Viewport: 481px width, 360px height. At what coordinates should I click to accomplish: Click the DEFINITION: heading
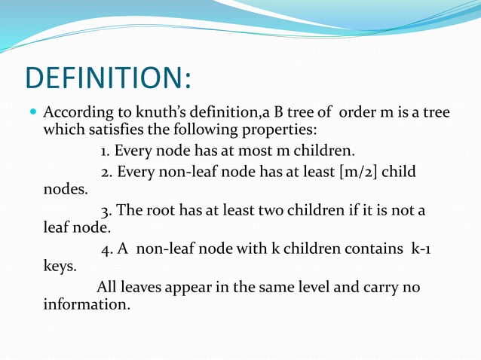pos(109,78)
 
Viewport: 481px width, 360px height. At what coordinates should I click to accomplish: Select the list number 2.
pos(106,173)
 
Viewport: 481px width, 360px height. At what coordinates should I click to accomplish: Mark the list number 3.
pos(106,210)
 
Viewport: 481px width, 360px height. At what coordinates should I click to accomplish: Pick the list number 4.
pos(106,249)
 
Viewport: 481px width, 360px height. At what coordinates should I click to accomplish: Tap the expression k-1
pos(421,249)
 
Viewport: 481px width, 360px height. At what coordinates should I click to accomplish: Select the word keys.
pos(60,266)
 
